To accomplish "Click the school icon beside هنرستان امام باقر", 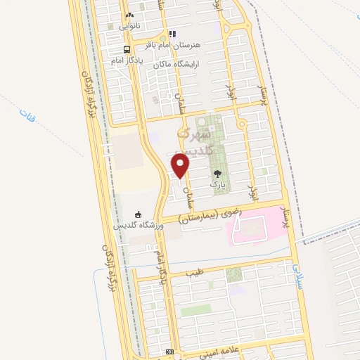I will [172, 33].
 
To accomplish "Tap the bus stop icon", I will [127, 49].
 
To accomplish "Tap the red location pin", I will [181, 165].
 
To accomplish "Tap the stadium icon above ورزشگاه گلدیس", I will [138, 214].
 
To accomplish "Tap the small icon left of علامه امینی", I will [169, 352].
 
